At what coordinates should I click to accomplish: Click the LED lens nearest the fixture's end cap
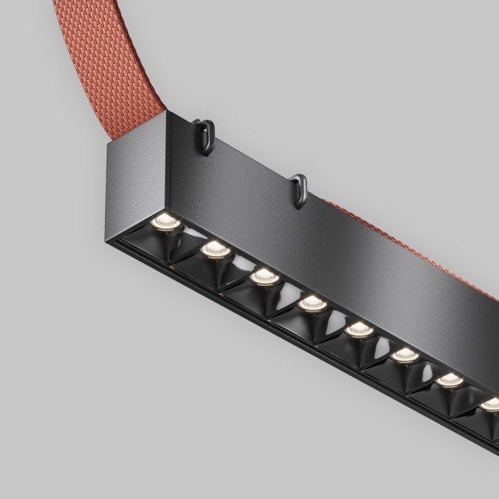point(163,223)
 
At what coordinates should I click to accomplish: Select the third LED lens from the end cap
point(263,277)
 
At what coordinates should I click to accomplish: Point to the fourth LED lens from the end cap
point(311,303)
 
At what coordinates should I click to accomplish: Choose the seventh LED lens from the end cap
point(447,379)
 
